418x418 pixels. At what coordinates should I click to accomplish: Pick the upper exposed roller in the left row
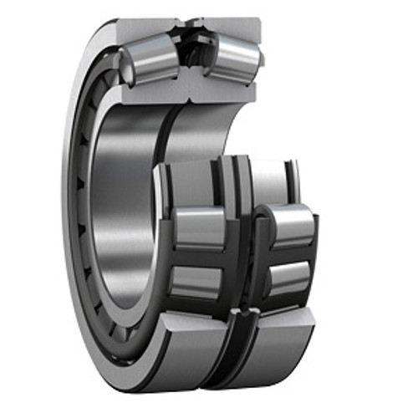click(x=199, y=227)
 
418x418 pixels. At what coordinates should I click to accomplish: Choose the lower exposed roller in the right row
click(x=288, y=278)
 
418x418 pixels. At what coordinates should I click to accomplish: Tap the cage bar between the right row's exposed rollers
click(x=288, y=253)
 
